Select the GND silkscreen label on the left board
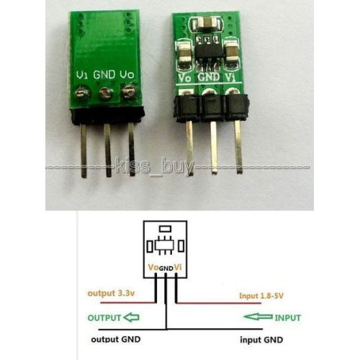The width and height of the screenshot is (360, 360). pos(104,75)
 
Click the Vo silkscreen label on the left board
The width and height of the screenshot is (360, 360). pos(127,75)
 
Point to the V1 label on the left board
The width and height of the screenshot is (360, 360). pos(82,75)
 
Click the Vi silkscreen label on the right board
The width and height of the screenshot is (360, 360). pos(230,78)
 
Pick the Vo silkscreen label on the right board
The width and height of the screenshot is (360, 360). pos(185,78)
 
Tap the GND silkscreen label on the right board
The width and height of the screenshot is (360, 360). pos(208,77)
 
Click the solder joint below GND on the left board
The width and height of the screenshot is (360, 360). pos(106,93)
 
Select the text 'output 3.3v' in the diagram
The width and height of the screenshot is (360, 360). pos(111,293)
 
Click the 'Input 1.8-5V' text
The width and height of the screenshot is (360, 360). pos(261,296)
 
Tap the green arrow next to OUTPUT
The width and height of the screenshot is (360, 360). pos(131,318)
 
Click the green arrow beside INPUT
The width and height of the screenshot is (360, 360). pos(258,317)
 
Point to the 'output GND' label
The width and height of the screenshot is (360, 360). pos(116,339)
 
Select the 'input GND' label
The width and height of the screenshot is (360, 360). pos(261,340)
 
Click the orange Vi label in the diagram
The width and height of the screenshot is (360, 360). pos(178,267)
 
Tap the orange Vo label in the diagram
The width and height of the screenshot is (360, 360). pos(153,267)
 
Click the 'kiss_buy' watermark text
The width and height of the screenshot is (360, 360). pos(154,167)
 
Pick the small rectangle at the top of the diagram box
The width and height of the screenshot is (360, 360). pos(166,228)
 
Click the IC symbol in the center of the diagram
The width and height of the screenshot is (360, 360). pos(165,246)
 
